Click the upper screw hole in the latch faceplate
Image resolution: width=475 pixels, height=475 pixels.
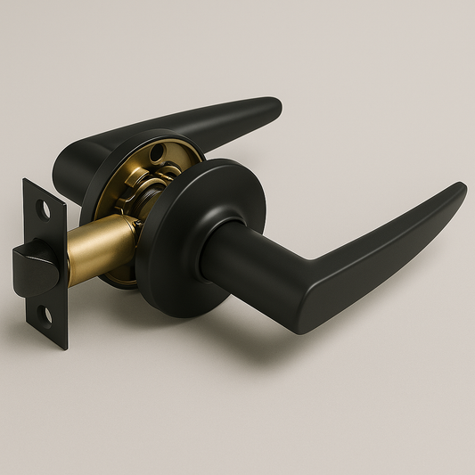point(43,209)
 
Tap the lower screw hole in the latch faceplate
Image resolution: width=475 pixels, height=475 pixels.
point(45,315)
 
